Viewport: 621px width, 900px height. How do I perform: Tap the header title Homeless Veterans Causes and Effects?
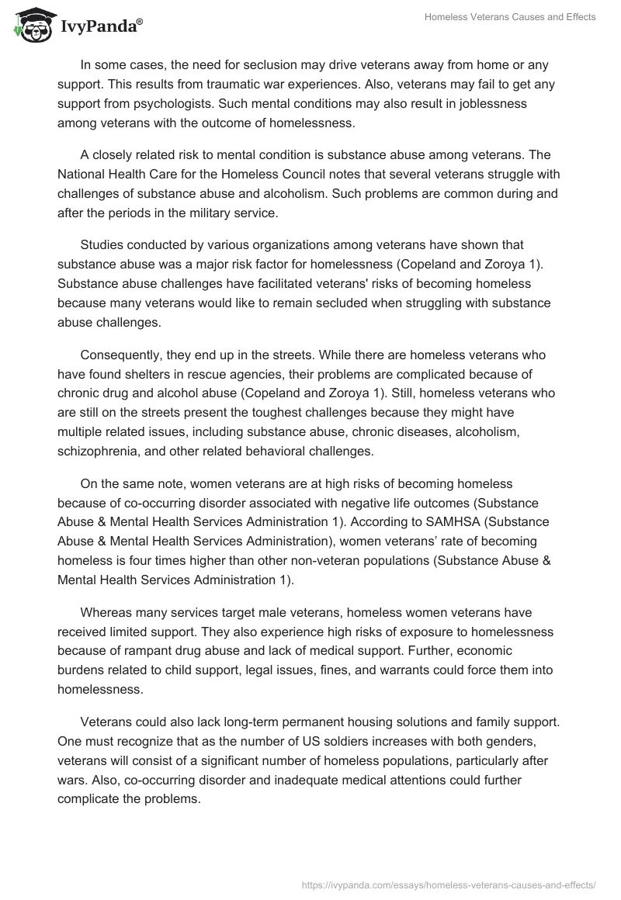click(x=510, y=17)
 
